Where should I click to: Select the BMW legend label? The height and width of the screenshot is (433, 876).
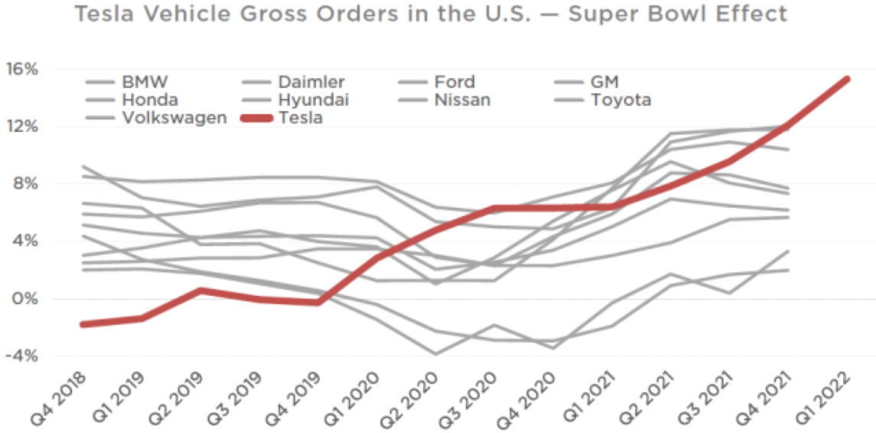(x=145, y=81)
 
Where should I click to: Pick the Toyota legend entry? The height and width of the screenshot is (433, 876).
(x=620, y=100)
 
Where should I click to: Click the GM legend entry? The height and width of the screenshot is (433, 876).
(x=604, y=81)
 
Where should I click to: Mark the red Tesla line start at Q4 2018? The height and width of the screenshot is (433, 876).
(x=82, y=324)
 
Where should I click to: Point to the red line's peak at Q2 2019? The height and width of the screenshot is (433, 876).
(x=200, y=290)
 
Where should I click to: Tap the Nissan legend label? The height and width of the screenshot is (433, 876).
(x=462, y=100)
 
